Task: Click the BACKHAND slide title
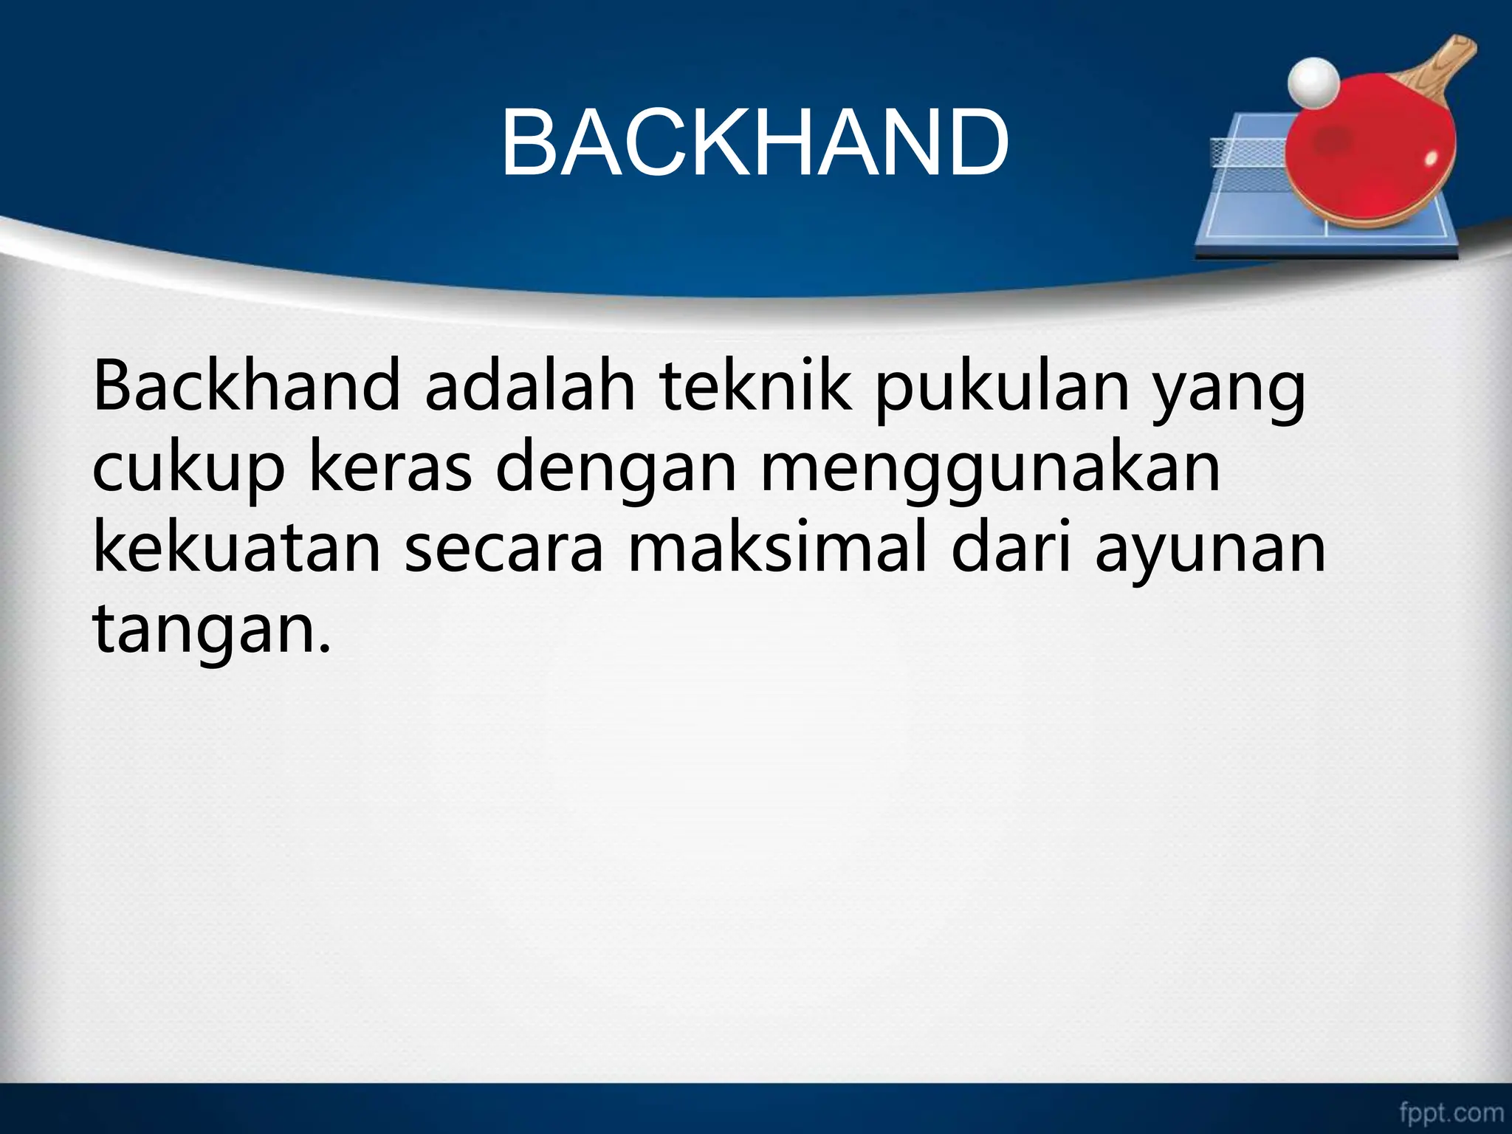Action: tap(755, 142)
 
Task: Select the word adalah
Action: tap(529, 387)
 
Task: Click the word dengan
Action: tap(620, 471)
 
